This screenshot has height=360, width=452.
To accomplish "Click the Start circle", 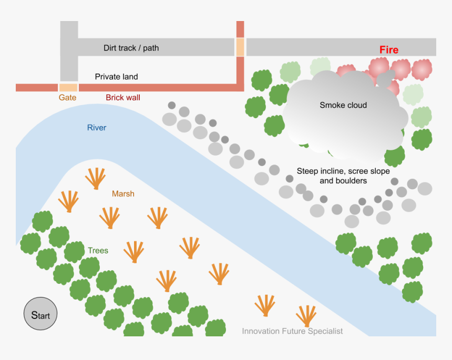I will pos(40,315).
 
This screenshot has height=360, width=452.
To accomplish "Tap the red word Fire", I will pos(389,50).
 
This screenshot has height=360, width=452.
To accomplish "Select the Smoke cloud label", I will pos(343,105).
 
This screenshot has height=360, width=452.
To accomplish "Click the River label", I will pos(97,128).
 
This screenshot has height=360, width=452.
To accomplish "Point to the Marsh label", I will pos(123,194).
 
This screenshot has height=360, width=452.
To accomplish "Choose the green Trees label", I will pos(98,251).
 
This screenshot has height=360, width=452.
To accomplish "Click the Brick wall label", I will pos(123,98).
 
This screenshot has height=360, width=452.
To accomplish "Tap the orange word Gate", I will pos(67,98).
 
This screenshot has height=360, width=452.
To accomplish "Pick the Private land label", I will pos(116,77).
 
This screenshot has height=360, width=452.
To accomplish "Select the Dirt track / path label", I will pos(131,48).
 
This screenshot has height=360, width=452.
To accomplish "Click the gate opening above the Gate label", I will pos(68,87).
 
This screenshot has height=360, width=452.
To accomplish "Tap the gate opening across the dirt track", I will pos(240,47).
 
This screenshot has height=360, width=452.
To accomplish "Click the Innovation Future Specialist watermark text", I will pos(292,331).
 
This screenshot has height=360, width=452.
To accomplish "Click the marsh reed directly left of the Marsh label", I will pos(95,179).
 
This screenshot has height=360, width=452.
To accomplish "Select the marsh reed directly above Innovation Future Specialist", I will pos(305,316).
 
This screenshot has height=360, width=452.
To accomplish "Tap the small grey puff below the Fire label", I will pos(384,78).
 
